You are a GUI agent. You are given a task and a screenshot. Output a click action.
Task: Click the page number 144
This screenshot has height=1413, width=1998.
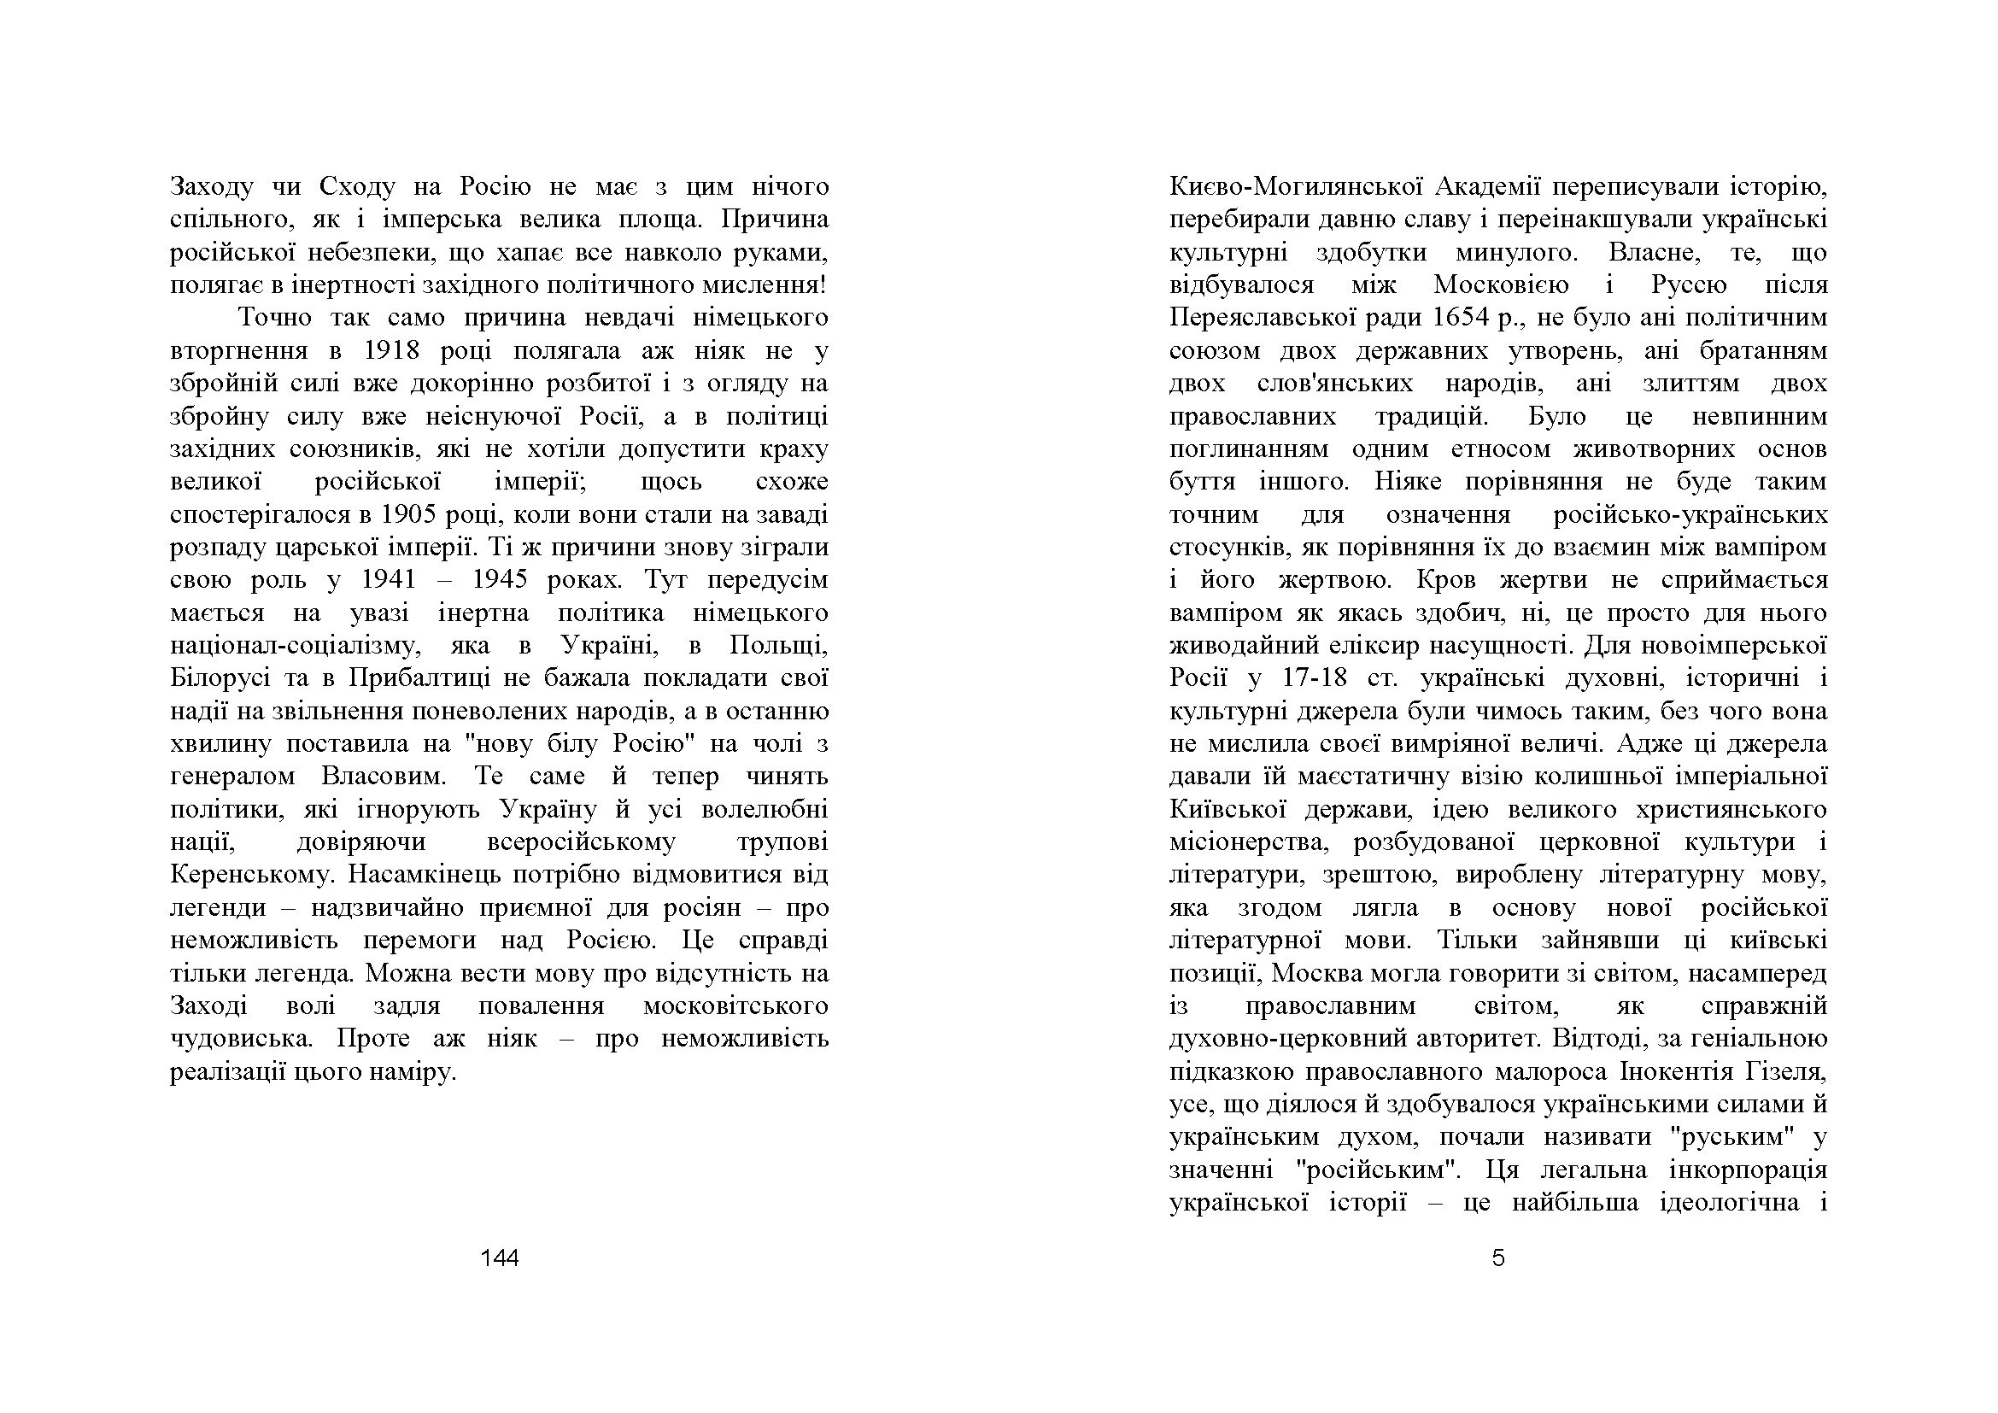pyautogui.click(x=500, y=1258)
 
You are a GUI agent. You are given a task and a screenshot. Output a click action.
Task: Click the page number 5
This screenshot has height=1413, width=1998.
pyautogui.click(x=1497, y=1258)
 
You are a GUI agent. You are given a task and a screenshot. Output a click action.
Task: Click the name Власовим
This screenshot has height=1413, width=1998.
pyautogui.click(x=385, y=777)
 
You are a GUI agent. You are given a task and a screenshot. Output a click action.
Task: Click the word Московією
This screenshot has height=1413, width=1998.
pyautogui.click(x=1501, y=285)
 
